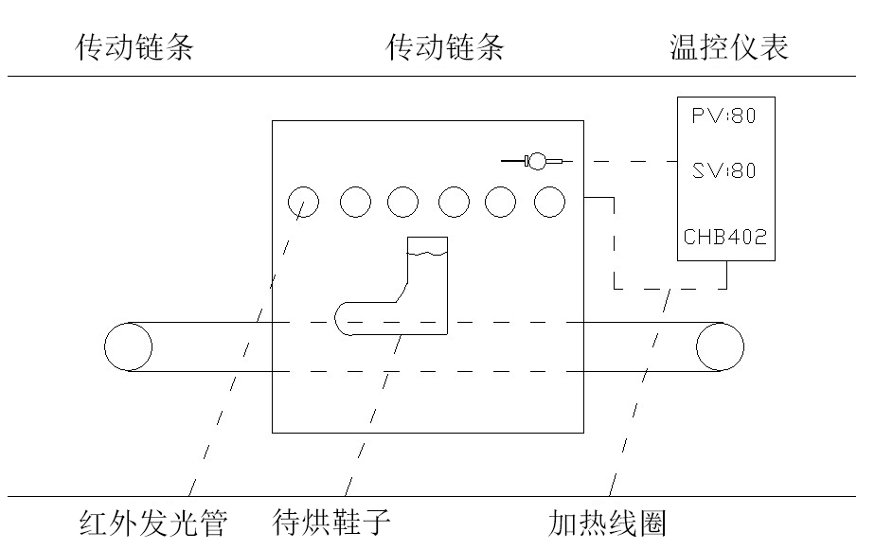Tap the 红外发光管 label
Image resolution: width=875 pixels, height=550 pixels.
point(152,523)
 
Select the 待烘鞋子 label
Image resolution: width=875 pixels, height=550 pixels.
point(330,523)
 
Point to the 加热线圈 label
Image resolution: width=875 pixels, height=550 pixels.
point(607,523)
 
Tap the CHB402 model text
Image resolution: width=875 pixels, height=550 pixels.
point(726,236)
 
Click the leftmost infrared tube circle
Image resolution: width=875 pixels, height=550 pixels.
point(303,201)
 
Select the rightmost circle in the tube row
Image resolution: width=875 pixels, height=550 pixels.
point(549,201)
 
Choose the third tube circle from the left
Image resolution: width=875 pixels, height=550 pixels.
point(402,201)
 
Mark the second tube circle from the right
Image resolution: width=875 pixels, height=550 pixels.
point(501,201)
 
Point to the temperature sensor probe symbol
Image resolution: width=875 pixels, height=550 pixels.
point(537,161)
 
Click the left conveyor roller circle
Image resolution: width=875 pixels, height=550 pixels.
point(128,346)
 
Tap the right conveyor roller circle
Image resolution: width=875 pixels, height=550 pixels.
point(721,346)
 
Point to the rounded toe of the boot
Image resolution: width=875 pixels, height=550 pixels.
point(347,318)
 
